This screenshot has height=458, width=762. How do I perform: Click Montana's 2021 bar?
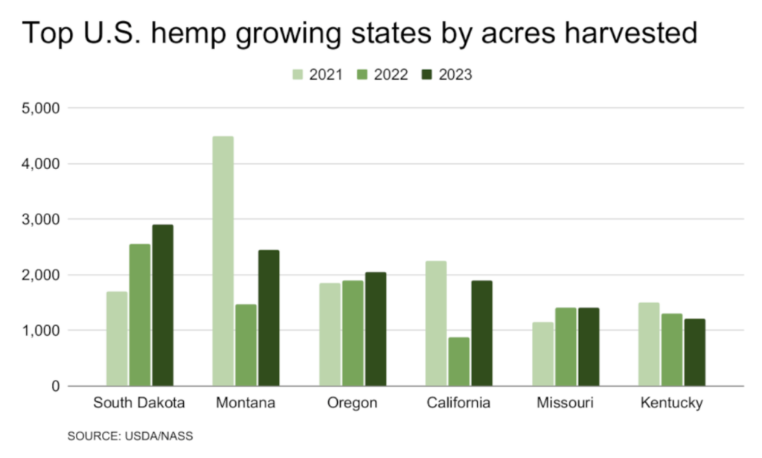(x=222, y=261)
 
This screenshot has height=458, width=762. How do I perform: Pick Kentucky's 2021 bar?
(x=650, y=344)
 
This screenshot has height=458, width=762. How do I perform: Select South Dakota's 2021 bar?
(x=116, y=339)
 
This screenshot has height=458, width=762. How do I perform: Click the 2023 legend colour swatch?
(x=426, y=74)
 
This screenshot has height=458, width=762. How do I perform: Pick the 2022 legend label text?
(x=391, y=74)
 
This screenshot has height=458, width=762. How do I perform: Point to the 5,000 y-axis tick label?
(x=44, y=108)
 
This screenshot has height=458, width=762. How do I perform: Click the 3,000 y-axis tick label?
(x=44, y=219)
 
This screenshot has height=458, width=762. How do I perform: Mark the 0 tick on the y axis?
(x=55, y=386)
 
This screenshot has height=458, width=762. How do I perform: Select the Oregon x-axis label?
(x=352, y=404)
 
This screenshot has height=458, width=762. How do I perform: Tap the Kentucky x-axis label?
(x=671, y=404)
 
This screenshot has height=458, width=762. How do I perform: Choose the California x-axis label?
(x=458, y=404)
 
